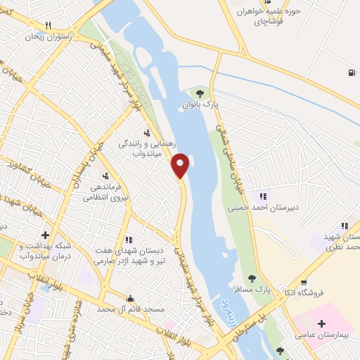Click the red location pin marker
tap(181, 166)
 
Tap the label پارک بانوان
tap(202, 105)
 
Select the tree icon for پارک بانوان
tap(200, 93)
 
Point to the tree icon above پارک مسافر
tap(252, 278)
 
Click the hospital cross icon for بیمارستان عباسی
tap(322, 324)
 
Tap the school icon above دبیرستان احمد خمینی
tap(263, 196)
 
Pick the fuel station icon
tap(350, 72)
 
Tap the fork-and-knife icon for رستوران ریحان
tap(48, 24)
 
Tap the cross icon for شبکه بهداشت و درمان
tap(46, 235)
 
